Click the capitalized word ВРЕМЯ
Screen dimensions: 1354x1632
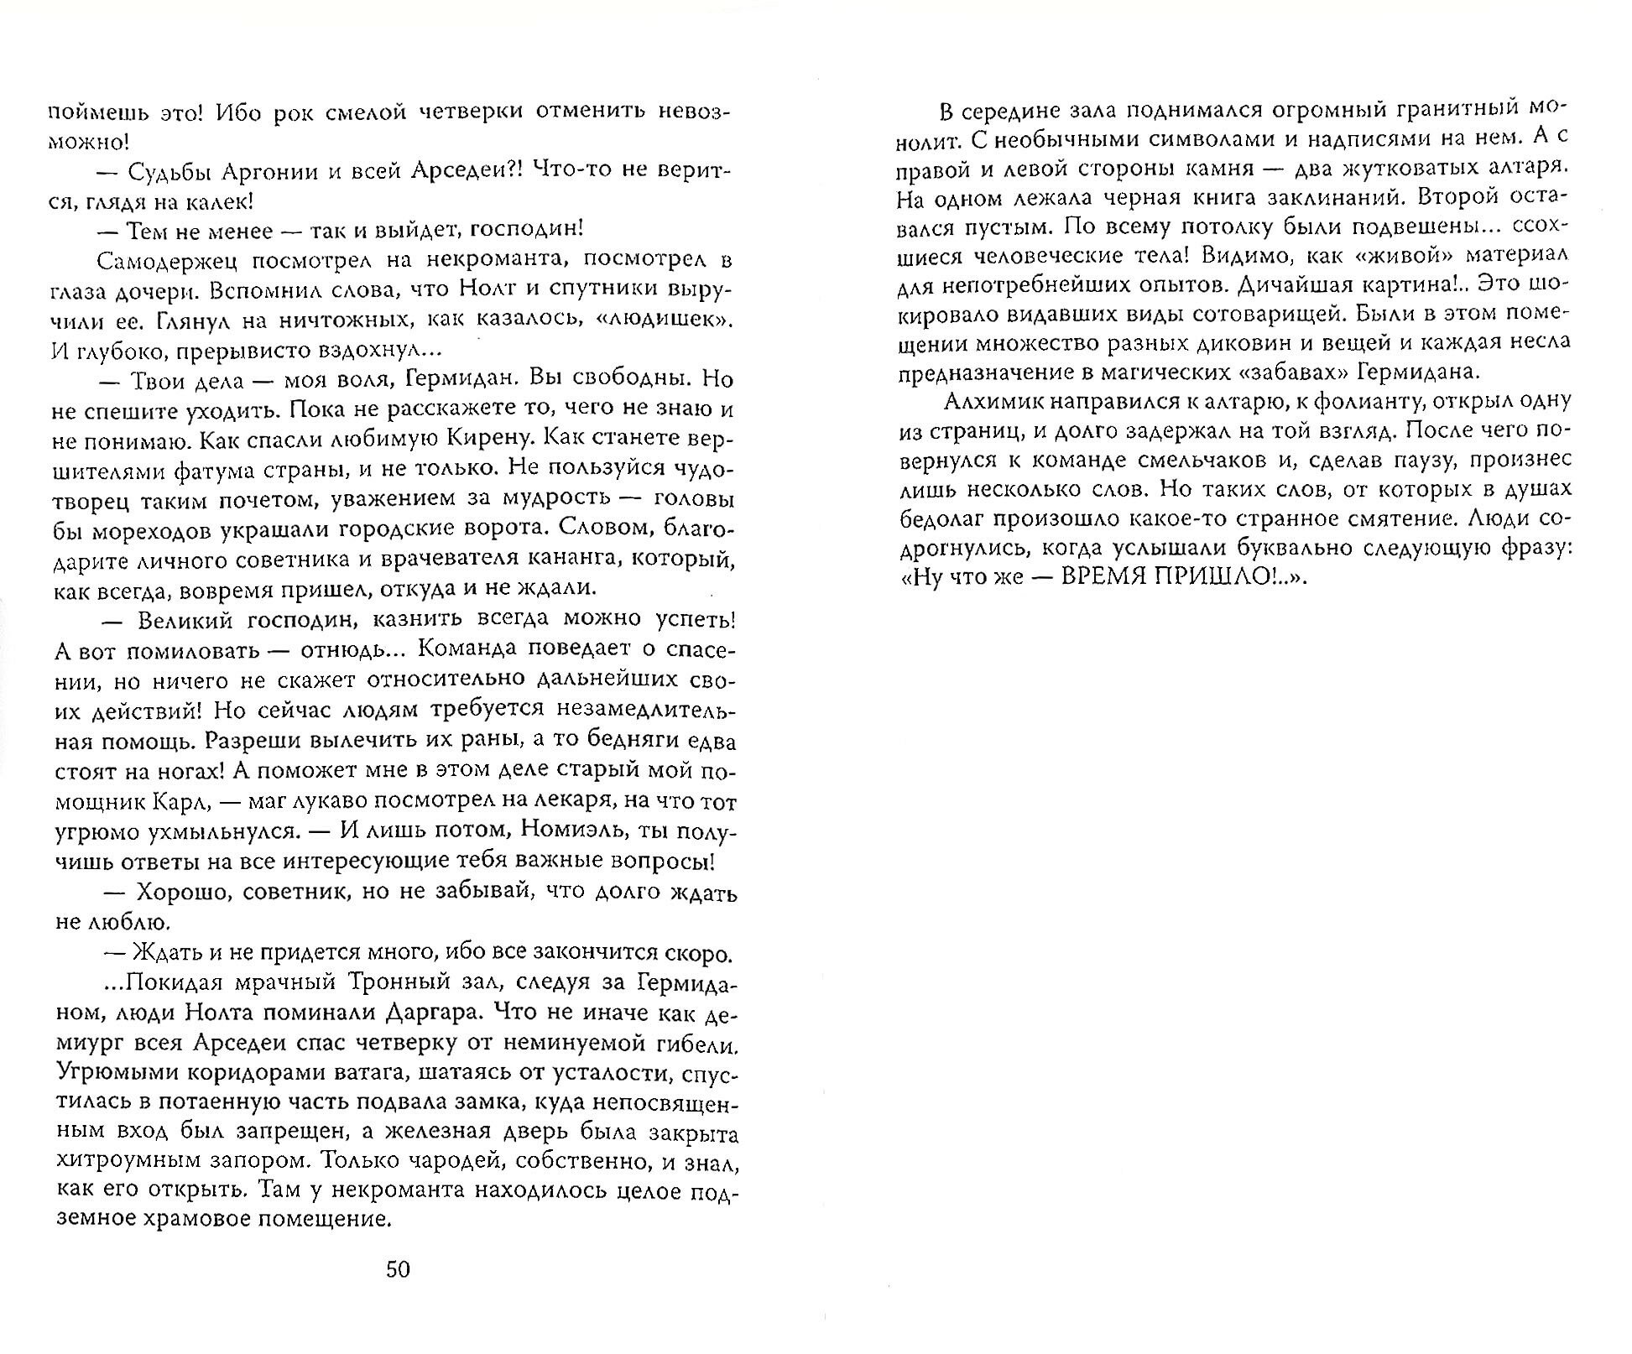[1098, 579]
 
